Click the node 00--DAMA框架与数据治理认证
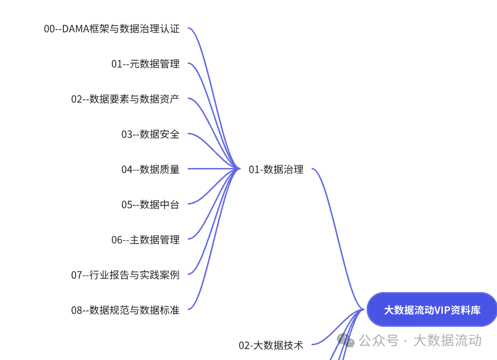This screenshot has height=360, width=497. coord(112,29)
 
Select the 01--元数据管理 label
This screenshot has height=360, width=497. coord(146,64)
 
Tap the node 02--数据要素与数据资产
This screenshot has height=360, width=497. coord(125,99)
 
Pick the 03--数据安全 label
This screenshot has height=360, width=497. coord(150,134)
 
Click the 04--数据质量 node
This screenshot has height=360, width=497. coord(150,169)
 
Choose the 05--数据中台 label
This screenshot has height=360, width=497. coord(150,204)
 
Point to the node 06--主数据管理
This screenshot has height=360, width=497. coord(146,239)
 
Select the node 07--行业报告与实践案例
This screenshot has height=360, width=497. coord(125,275)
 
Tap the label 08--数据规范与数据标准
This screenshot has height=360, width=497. coord(125,310)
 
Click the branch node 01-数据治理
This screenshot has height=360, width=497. coord(276,170)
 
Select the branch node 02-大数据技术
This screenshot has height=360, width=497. coord(271,345)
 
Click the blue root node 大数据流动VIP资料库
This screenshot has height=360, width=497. coord(432,310)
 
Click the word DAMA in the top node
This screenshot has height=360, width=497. coord(75,29)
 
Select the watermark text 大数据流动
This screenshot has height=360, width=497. coord(447,341)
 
